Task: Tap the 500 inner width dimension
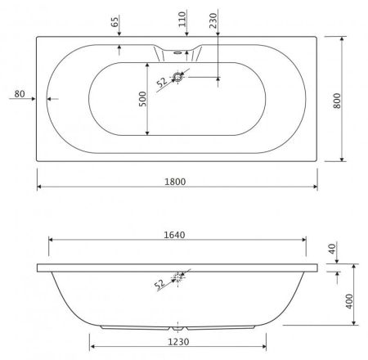[x=141, y=99]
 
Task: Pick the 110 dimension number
[x=181, y=18]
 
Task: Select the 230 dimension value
[x=212, y=20]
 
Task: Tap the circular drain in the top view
[x=180, y=78]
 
